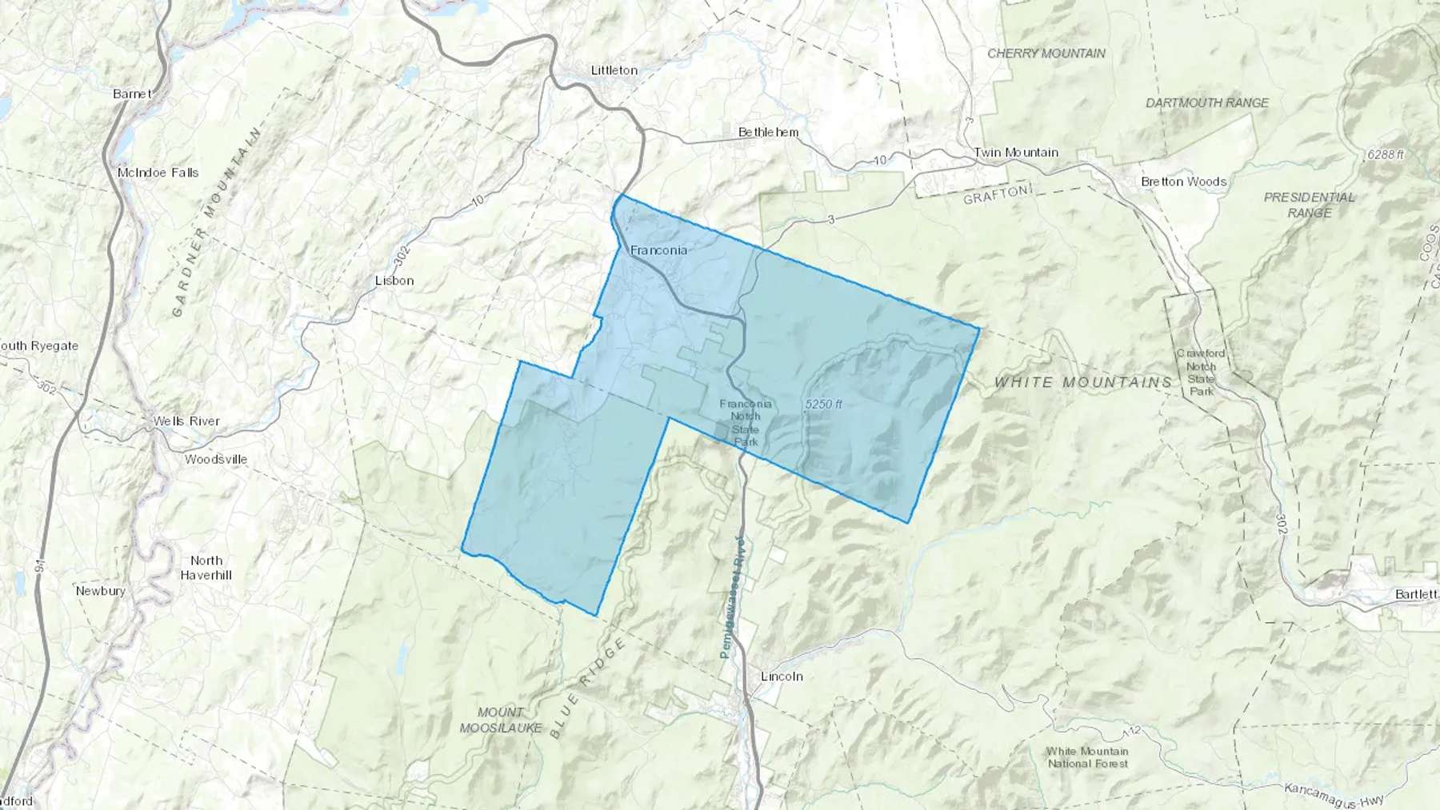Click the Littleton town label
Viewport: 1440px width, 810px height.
click(614, 70)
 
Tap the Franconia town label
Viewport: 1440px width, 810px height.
click(658, 250)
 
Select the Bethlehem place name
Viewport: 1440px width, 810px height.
click(768, 132)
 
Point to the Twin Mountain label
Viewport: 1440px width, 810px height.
click(1016, 152)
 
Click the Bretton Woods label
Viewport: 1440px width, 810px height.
click(1183, 182)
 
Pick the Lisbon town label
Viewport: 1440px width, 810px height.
click(394, 281)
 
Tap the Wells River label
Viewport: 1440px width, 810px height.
click(186, 421)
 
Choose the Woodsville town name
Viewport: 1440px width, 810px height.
click(216, 460)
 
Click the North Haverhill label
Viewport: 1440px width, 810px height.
click(206, 568)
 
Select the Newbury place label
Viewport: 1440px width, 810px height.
click(101, 591)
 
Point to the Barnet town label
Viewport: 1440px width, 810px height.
click(132, 94)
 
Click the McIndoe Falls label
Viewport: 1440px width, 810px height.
click(158, 173)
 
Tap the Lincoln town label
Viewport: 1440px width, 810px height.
click(782, 676)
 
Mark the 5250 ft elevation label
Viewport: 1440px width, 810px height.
click(823, 405)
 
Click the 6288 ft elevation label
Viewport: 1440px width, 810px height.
click(1386, 154)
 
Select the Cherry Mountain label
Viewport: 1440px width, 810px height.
click(1046, 54)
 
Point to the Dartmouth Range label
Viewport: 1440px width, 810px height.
click(1207, 103)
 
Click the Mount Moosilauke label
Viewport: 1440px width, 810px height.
click(501, 720)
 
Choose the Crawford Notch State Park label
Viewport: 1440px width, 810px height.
click(1200, 372)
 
